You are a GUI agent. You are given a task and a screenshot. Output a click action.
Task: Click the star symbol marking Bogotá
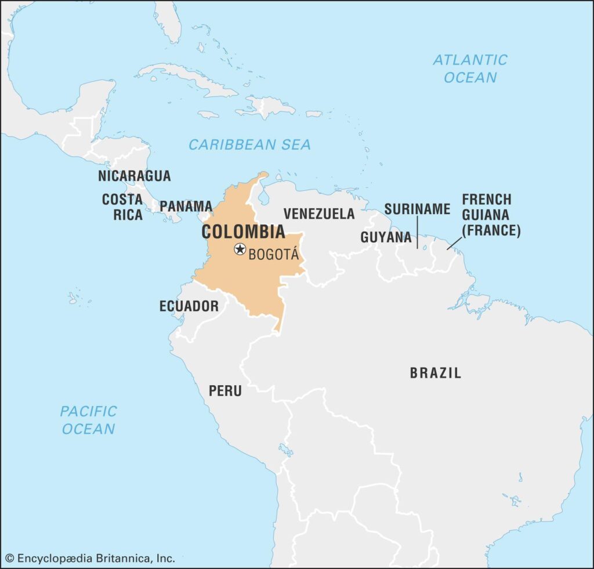point(239,249)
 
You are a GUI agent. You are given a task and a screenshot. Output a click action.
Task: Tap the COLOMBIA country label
point(243,232)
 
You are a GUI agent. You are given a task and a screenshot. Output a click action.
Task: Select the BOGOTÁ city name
point(273,255)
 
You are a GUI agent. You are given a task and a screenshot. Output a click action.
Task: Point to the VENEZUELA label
point(319,213)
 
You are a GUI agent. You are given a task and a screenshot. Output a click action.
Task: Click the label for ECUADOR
point(189,306)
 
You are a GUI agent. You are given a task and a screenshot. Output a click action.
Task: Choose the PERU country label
point(225,391)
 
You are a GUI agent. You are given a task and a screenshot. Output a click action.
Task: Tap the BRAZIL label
point(436,373)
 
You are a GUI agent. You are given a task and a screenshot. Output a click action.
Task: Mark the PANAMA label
point(186,206)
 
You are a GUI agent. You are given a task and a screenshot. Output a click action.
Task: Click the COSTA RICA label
point(122,207)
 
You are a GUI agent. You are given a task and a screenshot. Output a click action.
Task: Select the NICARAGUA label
point(134,176)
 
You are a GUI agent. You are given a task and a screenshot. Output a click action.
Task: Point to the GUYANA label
point(386,237)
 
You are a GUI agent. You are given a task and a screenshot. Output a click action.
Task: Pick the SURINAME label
point(417,209)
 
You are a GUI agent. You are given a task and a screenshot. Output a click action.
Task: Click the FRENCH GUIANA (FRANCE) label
point(491,215)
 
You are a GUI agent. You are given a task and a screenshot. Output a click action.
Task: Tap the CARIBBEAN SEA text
point(249,144)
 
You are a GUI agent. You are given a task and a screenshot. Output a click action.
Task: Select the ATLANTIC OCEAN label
point(470,68)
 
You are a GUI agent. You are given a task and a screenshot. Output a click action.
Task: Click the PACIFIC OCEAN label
point(88,420)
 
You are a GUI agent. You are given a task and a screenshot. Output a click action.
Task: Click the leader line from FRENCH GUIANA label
point(455,244)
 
